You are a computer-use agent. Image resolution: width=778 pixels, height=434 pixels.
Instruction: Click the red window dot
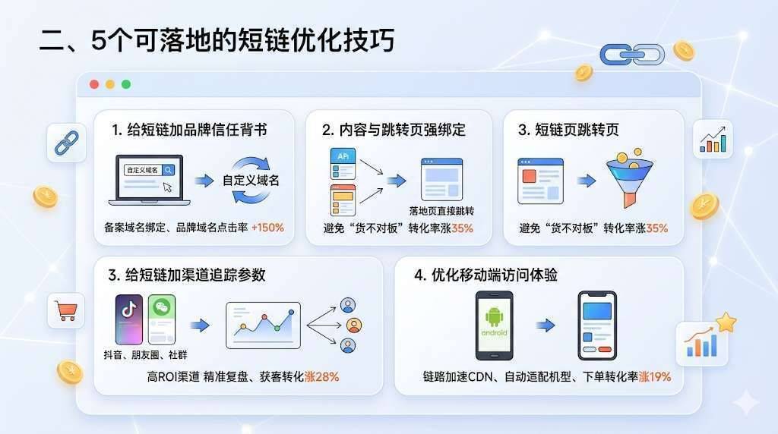pyautogui.click(x=94, y=84)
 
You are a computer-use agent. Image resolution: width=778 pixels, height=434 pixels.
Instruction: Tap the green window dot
pyautogui.click(x=126, y=84)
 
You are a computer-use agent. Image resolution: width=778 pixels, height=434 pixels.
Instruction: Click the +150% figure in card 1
pyautogui.click(x=267, y=228)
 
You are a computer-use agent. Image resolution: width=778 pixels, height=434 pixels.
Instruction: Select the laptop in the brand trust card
pyautogui.click(x=150, y=180)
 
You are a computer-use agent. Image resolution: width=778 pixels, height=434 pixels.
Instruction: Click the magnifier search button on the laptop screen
pyautogui.click(x=168, y=170)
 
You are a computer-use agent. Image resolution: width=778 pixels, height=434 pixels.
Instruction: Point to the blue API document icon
pyautogui.click(x=343, y=163)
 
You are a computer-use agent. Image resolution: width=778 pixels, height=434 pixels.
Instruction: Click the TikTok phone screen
pyautogui.click(x=129, y=319)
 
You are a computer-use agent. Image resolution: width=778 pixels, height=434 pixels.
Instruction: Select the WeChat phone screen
pyautogui.click(x=162, y=319)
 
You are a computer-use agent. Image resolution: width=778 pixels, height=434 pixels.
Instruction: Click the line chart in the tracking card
pyautogui.click(x=263, y=325)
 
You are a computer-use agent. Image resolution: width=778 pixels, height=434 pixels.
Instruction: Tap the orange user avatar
pyautogui.click(x=354, y=325)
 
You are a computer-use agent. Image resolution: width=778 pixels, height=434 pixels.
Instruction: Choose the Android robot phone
pyautogui.click(x=494, y=325)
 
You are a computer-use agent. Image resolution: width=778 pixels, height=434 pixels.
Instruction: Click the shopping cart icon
pyautogui.click(x=67, y=311)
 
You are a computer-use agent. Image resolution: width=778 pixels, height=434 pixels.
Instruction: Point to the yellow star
pyautogui.click(x=726, y=322)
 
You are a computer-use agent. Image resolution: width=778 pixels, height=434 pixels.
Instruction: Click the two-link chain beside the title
pyautogui.click(x=632, y=55)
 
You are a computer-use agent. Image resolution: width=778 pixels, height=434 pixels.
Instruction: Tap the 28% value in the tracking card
pyautogui.click(x=327, y=377)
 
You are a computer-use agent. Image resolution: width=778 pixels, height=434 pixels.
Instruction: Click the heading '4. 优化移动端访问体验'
pyautogui.click(x=485, y=275)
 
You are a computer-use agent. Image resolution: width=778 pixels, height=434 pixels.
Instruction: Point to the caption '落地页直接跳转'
pyautogui.click(x=441, y=211)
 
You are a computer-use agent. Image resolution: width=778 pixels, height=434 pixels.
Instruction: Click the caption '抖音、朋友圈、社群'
pyautogui.click(x=145, y=355)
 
